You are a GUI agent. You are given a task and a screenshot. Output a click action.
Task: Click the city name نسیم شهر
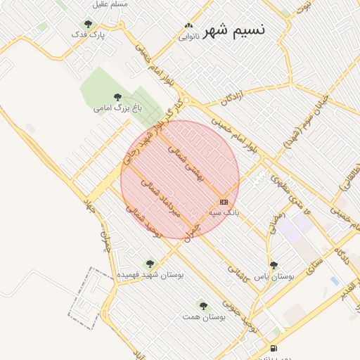(234, 30)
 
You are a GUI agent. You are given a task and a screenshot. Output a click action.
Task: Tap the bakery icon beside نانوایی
(188, 25)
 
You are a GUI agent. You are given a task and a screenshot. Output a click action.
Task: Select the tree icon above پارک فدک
(88, 24)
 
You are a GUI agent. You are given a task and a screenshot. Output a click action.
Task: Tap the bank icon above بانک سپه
(224, 202)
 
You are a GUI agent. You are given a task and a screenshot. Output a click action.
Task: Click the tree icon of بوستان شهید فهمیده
(150, 264)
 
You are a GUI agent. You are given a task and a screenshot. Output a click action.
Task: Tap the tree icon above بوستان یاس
(274, 265)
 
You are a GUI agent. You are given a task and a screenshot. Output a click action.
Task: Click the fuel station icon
(274, 349)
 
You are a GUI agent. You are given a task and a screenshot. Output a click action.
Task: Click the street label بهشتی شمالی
(185, 164)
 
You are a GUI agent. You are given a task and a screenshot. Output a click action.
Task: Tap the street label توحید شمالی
(144, 221)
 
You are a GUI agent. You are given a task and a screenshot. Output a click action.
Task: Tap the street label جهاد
(89, 205)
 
